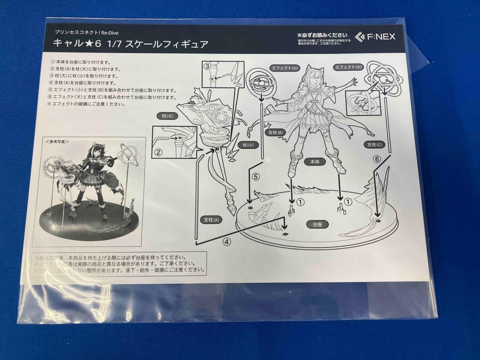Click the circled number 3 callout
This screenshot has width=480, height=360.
pyautogui.click(x=207, y=66)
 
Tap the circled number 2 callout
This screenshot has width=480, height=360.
pyautogui.click(x=158, y=152)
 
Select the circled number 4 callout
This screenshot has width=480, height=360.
pyautogui.click(x=226, y=241)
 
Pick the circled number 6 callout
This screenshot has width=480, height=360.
pyautogui.click(x=376, y=159)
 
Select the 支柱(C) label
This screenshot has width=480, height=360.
pyautogui.click(x=372, y=144)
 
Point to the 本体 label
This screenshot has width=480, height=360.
pyautogui.click(x=312, y=162)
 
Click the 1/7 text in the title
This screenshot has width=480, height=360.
pyautogui.click(x=109, y=44)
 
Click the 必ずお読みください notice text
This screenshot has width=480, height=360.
pyautogui.click(x=322, y=34)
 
